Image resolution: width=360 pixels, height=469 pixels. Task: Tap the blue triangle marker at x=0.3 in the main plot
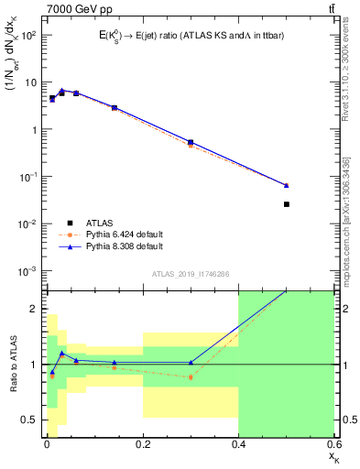[x=191, y=142]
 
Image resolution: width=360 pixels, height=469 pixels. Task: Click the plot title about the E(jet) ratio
[x=188, y=35]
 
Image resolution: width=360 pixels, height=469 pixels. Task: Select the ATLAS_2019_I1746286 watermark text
[x=190, y=274]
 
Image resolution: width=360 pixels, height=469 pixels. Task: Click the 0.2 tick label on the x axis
[x=142, y=445]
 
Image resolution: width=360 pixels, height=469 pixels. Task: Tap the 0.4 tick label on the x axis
[x=238, y=445]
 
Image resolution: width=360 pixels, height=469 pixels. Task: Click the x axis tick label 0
[x=47, y=445]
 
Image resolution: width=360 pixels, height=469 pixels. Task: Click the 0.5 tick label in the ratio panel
[x=29, y=420]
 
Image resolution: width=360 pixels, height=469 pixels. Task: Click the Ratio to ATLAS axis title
[x=12, y=364]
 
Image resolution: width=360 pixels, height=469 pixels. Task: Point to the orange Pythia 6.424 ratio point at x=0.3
[x=191, y=377]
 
